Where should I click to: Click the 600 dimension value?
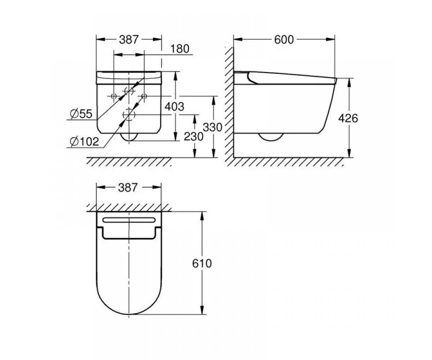point(284,40)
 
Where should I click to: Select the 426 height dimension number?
point(348,118)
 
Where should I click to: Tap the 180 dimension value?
point(180,49)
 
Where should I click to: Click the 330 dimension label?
point(212,127)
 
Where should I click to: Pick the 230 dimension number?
point(193,136)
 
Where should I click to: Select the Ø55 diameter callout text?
point(81,114)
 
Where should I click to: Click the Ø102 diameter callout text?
point(84,142)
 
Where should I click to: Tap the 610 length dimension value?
point(202,264)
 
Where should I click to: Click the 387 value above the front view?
point(129,40)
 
